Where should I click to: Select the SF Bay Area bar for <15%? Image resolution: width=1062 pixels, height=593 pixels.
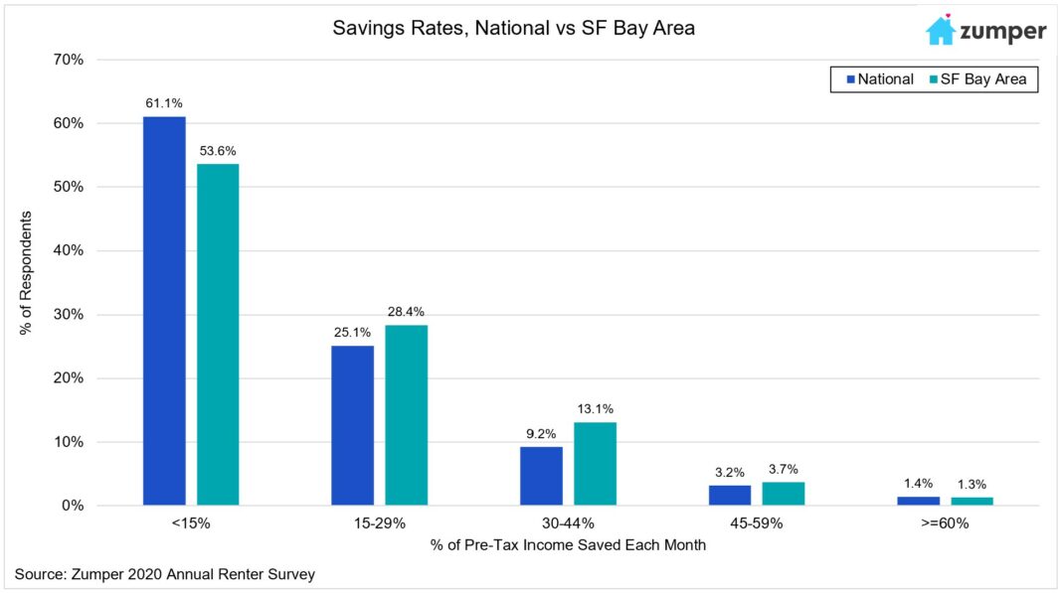(x=218, y=335)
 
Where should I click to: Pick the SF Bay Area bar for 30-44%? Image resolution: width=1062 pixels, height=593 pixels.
(x=595, y=464)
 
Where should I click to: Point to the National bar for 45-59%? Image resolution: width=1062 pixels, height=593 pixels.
(x=730, y=495)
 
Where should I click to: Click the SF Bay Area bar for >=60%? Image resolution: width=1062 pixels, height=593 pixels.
(x=972, y=501)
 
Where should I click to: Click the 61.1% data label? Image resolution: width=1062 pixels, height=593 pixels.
(x=164, y=103)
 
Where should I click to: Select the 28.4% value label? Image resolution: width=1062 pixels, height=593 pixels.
(x=407, y=312)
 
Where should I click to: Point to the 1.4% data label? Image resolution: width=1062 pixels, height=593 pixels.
(x=919, y=484)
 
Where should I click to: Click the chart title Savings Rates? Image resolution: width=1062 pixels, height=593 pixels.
(x=513, y=29)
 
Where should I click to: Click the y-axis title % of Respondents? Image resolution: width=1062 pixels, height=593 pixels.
(x=27, y=272)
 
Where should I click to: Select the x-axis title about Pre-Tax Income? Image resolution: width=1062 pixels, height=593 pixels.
(x=568, y=545)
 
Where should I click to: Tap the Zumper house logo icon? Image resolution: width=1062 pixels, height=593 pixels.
(x=940, y=30)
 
